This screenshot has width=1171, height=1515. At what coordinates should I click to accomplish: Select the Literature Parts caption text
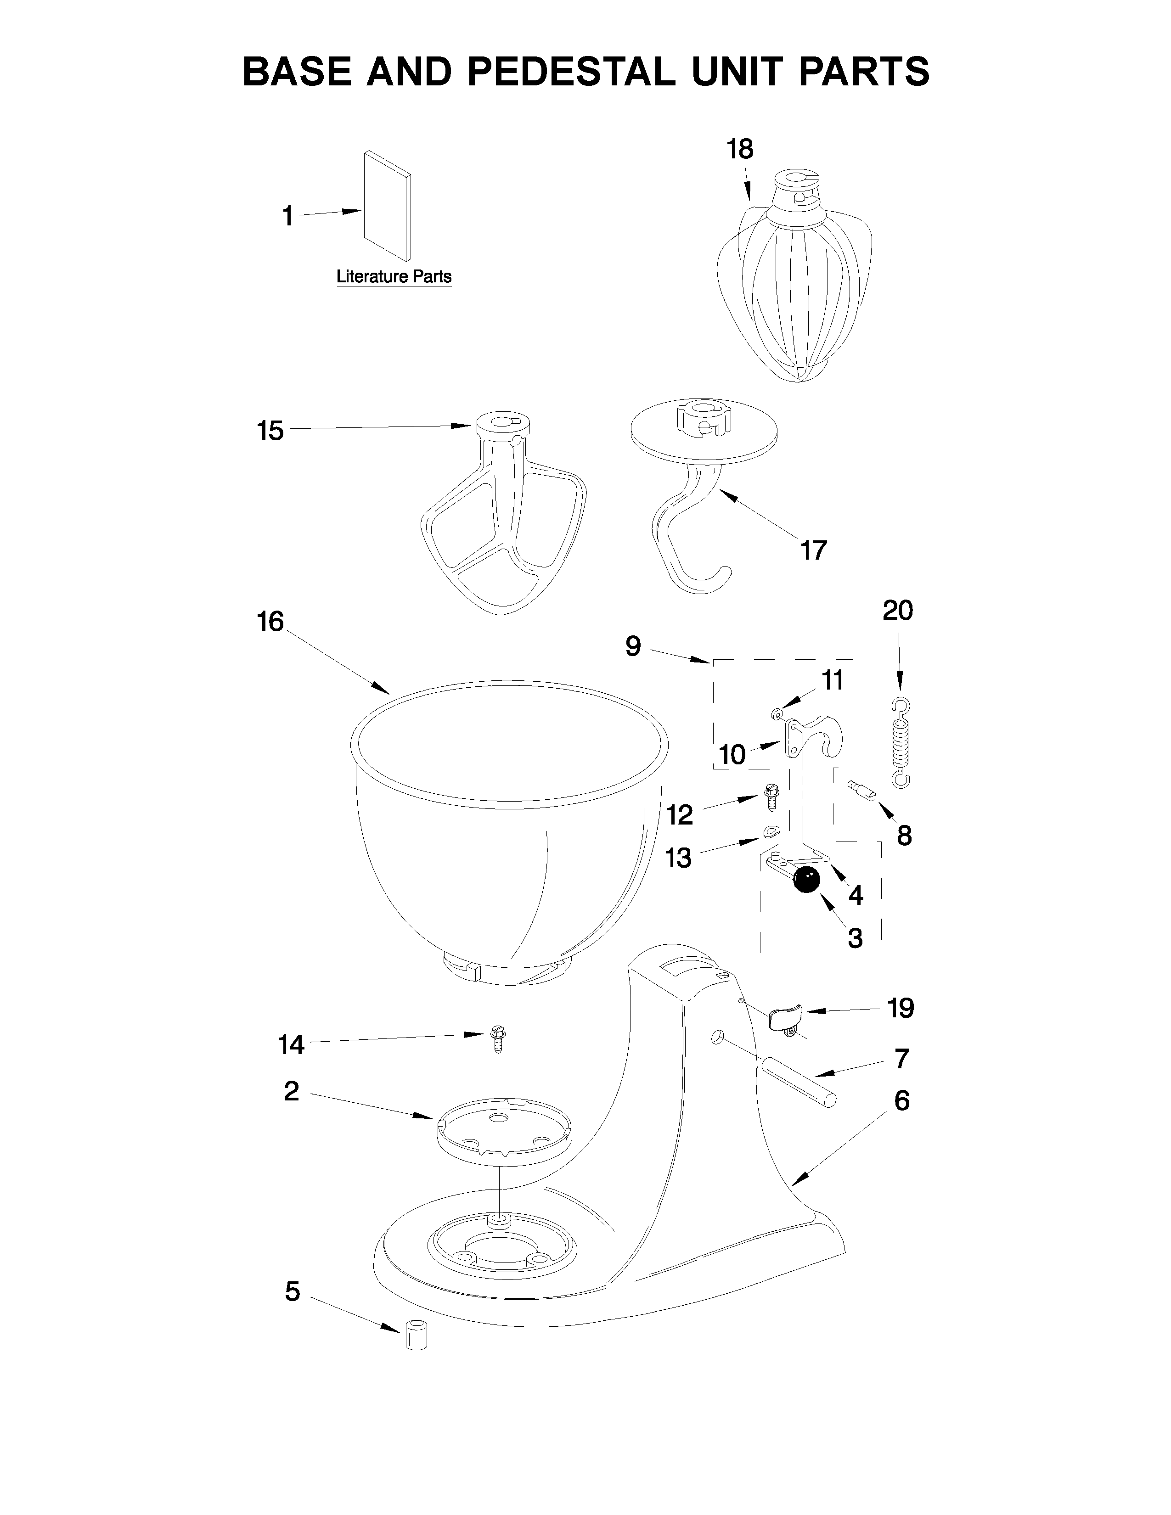pyautogui.click(x=394, y=277)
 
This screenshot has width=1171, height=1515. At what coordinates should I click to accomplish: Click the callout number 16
pyautogui.click(x=270, y=622)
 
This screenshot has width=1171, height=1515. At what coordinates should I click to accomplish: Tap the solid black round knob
pyautogui.click(x=806, y=880)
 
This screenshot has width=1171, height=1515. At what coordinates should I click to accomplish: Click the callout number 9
pyautogui.click(x=633, y=646)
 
